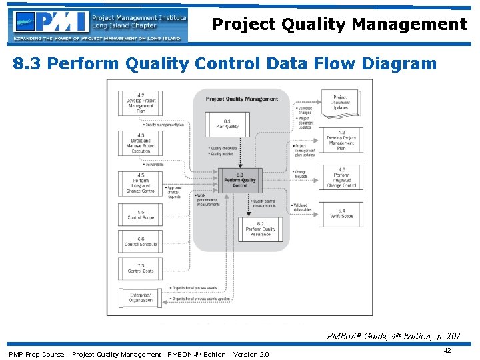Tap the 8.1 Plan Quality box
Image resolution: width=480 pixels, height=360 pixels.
click(227, 123)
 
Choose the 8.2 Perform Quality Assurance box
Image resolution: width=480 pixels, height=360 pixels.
click(260, 230)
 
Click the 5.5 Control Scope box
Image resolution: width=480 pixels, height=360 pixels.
click(140, 215)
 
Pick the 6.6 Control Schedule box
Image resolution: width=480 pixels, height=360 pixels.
click(140, 241)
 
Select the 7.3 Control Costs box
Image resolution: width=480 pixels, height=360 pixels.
click(140, 268)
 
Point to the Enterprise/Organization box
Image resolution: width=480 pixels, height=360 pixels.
click(140, 297)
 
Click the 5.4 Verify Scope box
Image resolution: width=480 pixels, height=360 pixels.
click(341, 214)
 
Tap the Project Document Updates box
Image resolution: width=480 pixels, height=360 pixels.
click(340, 103)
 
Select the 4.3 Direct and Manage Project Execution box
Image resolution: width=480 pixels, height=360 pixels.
click(140, 143)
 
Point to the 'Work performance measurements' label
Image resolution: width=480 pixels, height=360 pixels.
click(208, 201)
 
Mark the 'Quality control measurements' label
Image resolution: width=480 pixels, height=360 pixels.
click(264, 203)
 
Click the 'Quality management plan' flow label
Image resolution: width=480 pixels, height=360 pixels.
click(164, 125)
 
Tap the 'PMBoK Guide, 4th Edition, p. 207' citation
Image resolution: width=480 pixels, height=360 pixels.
click(393, 337)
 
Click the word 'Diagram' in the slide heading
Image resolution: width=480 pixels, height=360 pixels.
click(399, 64)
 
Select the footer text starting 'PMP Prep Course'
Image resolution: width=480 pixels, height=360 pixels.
click(139, 353)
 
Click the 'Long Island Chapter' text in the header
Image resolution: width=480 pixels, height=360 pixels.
click(125, 25)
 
